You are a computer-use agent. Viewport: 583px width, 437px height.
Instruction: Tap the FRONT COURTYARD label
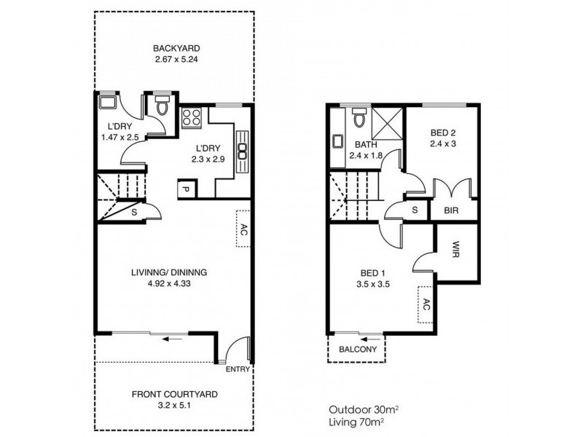click(x=174, y=395)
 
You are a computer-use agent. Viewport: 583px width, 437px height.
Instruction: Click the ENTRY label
click(x=238, y=369)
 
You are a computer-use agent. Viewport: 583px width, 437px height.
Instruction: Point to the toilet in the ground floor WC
click(x=161, y=106)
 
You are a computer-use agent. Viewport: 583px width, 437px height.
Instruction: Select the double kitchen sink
click(x=242, y=147)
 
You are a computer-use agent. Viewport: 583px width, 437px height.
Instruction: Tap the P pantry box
click(x=185, y=190)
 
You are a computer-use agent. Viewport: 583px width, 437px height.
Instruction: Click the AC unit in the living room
click(x=244, y=230)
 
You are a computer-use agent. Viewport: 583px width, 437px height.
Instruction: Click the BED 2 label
click(x=442, y=133)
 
